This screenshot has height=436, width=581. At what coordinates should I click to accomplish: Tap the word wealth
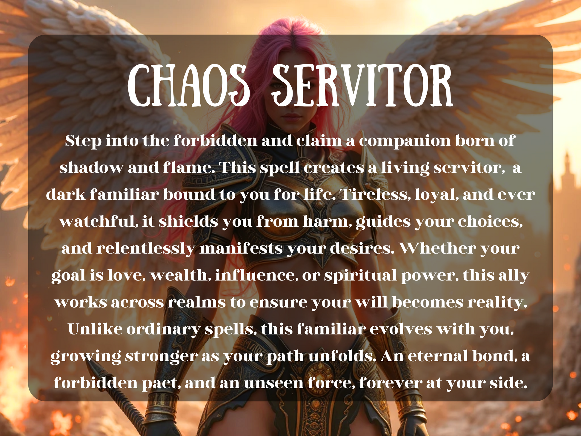click(x=180, y=275)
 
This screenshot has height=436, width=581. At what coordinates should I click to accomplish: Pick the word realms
click(x=197, y=302)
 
